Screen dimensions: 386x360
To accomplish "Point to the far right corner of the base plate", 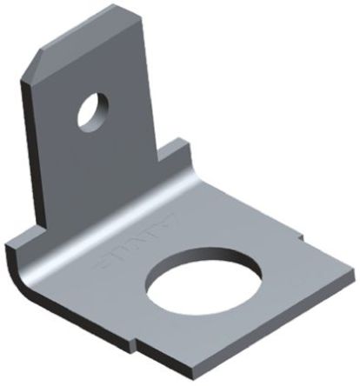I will [x=352, y=264].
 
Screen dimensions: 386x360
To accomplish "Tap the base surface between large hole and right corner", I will [x=287, y=270].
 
